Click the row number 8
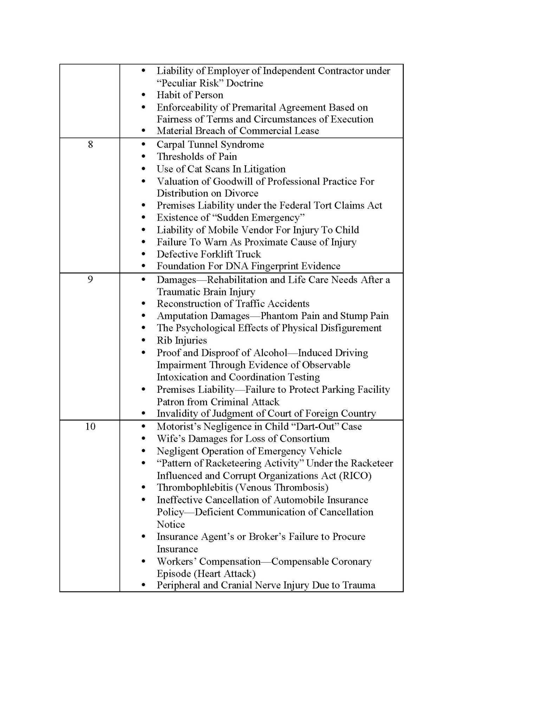(90, 144)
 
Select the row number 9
(90, 279)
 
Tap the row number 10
(90, 426)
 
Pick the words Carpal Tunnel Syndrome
(210, 144)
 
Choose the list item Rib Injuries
(182, 340)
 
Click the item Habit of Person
(190, 95)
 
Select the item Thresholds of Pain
(197, 156)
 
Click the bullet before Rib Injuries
(143, 340)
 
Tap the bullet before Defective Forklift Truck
(143, 254)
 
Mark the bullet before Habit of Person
(143, 95)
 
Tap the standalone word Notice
(170, 524)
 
